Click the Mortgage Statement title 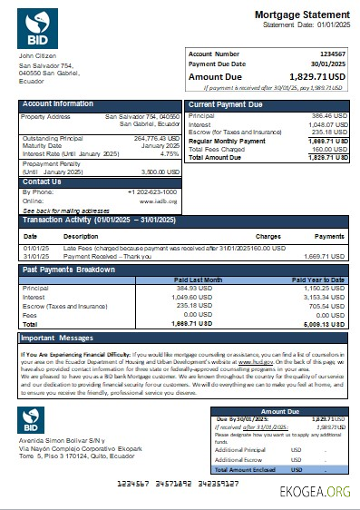(301, 15)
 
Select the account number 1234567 (332, 54)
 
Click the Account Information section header (57, 104)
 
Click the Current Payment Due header (226, 104)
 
